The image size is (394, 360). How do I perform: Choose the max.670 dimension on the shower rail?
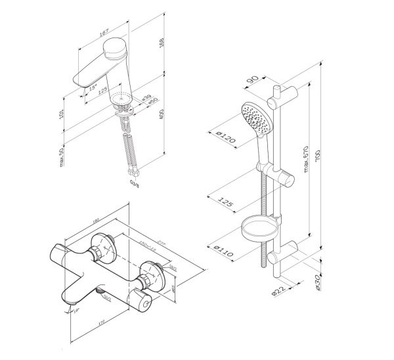[305, 158]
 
